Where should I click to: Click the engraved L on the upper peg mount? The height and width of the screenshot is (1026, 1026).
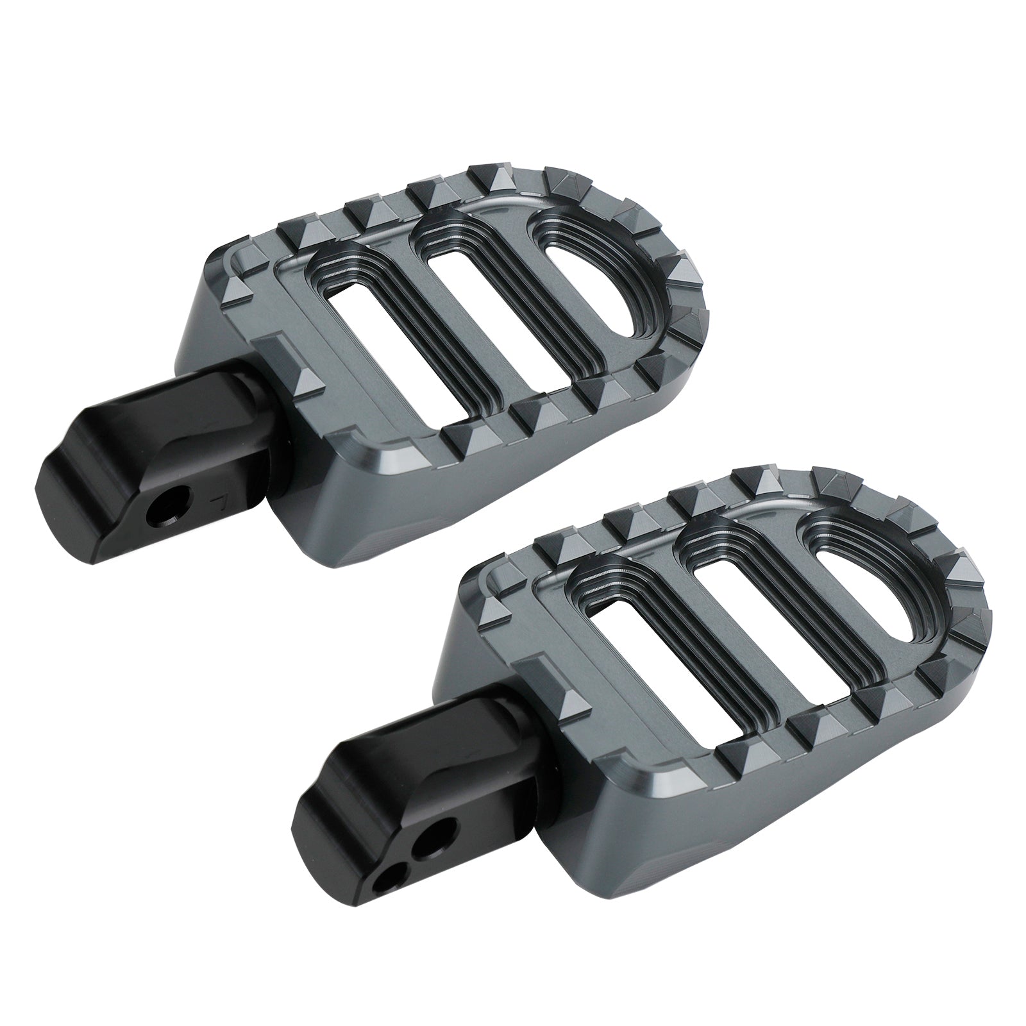coord(222,498)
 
